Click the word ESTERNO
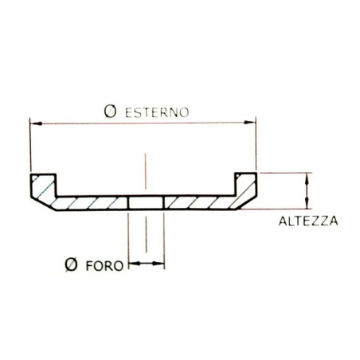click(157, 112)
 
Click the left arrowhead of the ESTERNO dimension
click(35, 123)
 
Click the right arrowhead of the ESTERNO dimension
click(252, 123)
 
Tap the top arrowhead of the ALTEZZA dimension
click(304, 178)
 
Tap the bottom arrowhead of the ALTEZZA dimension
click(304, 205)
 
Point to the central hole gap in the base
click(146, 203)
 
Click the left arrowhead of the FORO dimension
click(132, 264)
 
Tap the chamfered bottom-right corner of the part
click(248, 205)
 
